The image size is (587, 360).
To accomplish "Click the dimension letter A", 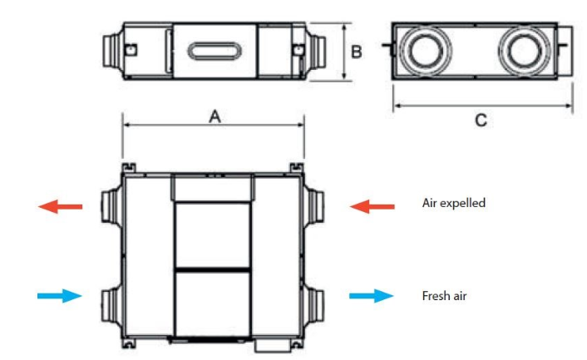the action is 215,116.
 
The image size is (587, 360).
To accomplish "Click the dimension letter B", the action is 357,52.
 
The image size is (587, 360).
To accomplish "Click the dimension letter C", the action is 481,121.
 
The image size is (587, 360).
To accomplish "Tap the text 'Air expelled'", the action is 454,203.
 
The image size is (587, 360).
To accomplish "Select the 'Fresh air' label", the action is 444,296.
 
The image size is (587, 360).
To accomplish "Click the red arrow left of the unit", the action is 60,206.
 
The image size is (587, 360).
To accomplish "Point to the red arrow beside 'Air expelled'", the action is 372,206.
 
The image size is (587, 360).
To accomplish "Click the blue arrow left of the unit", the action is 60,296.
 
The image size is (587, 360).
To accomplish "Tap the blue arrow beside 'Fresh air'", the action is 372,296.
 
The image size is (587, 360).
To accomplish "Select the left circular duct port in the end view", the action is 426,51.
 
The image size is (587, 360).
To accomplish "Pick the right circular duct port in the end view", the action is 524,51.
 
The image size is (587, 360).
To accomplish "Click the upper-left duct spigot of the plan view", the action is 111,206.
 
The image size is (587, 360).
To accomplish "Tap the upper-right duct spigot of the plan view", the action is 313,206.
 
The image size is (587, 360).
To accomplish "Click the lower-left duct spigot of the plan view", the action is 111,305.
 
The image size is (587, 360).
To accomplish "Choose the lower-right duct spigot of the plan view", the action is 313,305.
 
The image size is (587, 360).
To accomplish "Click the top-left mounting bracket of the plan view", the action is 128,168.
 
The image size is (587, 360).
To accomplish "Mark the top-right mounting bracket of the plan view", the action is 297,168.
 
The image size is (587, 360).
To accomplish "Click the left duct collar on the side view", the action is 113,52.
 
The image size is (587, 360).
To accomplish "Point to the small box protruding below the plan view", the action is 273,346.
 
